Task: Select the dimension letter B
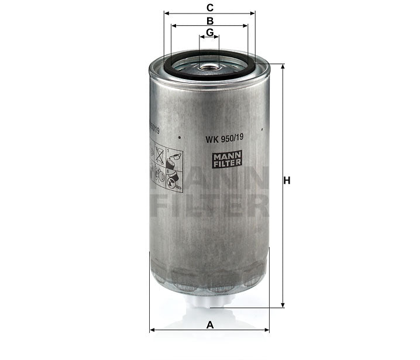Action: pos(209,20)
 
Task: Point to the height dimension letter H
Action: pos(287,181)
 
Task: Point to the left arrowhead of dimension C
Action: pos(167,13)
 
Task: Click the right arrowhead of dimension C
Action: pos(253,13)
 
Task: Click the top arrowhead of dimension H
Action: pos(283,66)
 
